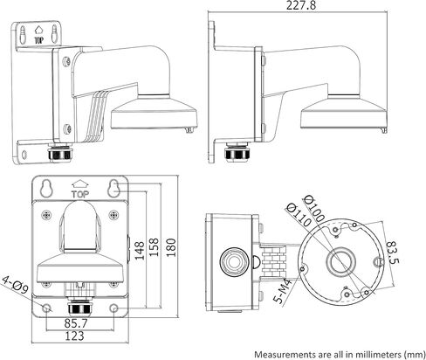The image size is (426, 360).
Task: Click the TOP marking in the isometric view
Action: (37, 39)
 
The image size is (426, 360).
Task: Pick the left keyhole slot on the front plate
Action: (48, 188)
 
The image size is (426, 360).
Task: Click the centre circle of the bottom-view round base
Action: (339, 260)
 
